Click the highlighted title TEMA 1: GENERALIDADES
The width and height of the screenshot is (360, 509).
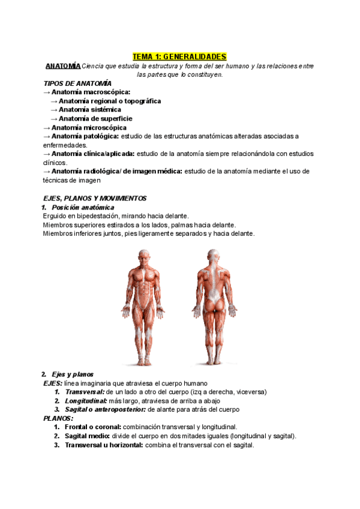click(179, 56)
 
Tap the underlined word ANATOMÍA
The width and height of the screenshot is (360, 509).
click(63, 65)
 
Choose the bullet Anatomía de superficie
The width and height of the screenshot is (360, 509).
click(95, 119)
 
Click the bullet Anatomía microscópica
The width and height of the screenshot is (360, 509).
click(89, 127)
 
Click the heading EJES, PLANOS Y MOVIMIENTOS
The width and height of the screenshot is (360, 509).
click(95, 198)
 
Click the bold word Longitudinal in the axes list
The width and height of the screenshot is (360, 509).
click(86, 400)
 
